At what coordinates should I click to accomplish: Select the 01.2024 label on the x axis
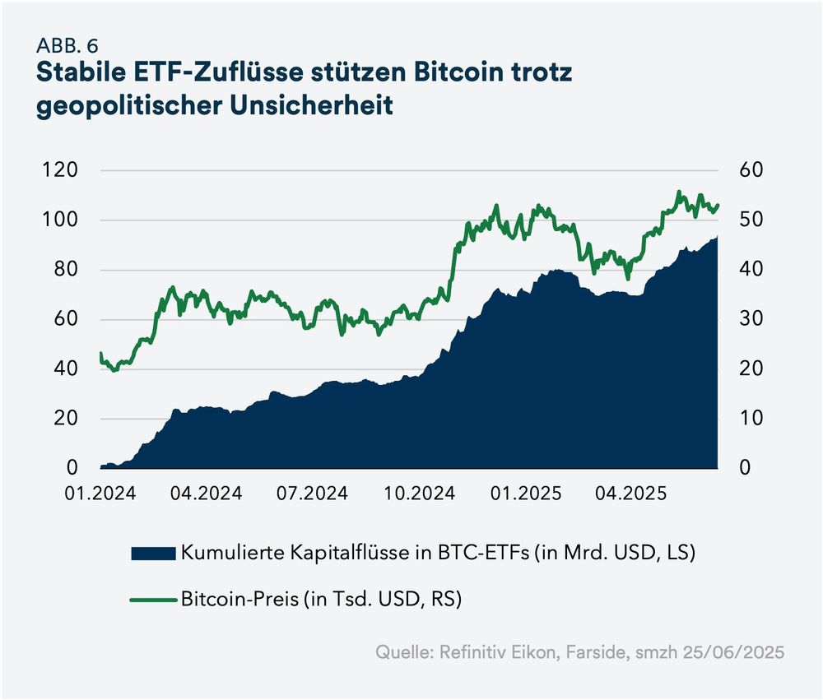tap(100, 494)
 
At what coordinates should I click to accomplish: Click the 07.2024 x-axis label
tap(313, 494)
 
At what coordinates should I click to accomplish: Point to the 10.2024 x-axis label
tap(419, 494)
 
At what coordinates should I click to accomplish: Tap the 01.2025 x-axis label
tap(526, 494)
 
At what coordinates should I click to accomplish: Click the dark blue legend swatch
tap(153, 553)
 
